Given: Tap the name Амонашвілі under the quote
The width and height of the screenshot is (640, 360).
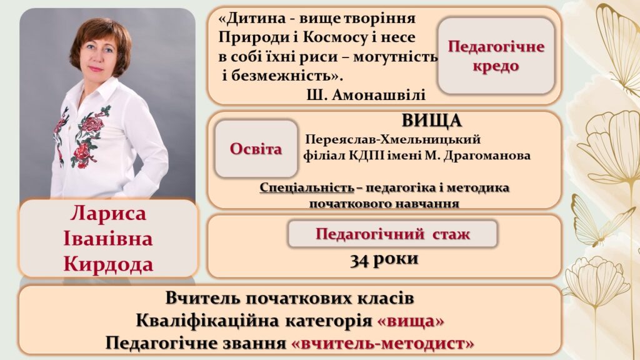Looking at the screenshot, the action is tap(379, 95).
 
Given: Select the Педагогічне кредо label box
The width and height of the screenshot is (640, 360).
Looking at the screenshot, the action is tap(496, 56).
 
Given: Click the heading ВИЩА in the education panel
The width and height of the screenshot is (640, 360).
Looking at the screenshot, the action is tap(432, 121).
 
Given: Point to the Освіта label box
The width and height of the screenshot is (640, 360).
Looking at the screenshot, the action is tap(256, 149).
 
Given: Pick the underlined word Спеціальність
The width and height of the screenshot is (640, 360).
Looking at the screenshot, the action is tap(307, 187).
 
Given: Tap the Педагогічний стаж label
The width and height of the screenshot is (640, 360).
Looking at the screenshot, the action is tap(392, 234).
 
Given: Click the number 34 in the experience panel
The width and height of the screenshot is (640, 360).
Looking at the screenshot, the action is tap(360, 260).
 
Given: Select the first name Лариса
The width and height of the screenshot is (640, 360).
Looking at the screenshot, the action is tap(108, 214).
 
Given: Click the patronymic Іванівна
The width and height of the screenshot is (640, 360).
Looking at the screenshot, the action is tap(108, 239).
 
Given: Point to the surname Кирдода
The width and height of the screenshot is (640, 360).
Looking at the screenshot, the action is tap(108, 264).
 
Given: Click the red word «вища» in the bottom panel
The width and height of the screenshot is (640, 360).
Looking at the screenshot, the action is tap(411, 321).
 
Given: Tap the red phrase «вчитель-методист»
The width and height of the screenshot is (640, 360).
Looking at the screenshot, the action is tap(383, 343).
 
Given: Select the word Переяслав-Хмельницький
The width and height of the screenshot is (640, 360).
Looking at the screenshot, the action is tap(393, 139).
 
